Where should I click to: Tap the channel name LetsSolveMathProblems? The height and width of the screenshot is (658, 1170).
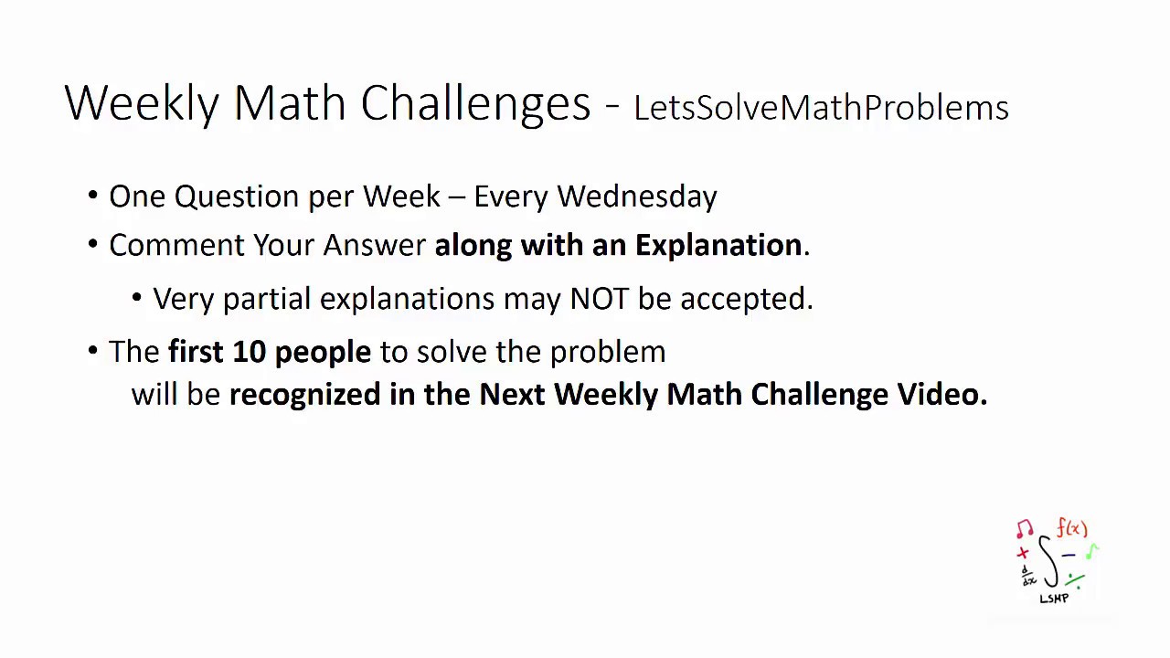(820, 108)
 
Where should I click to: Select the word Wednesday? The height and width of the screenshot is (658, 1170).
(636, 196)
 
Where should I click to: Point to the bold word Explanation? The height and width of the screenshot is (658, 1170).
(718, 245)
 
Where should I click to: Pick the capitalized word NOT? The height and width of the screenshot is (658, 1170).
(599, 299)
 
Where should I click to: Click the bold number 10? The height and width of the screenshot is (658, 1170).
(248, 352)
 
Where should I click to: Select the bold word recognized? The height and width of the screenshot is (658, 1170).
(304, 395)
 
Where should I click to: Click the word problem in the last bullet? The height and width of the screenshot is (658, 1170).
(607, 353)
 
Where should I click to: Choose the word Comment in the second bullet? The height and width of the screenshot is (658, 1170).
(176, 245)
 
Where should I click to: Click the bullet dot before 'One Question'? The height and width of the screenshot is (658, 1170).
(93, 196)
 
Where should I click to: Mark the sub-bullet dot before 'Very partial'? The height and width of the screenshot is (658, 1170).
(137, 298)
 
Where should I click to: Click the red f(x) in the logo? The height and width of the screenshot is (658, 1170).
(1072, 528)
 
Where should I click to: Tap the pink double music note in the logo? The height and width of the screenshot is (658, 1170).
(1025, 529)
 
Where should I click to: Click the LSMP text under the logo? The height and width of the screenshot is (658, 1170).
(1054, 599)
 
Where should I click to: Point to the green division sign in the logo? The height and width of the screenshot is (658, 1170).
(1075, 579)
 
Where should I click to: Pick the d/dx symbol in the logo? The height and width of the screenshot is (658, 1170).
(1028, 576)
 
